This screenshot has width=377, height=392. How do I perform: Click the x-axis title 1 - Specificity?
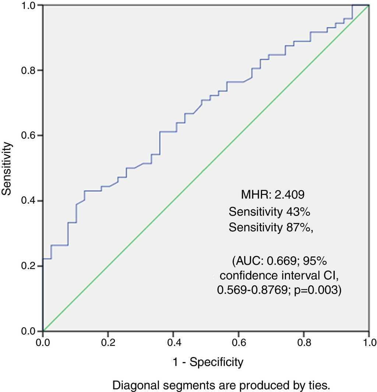coord(208,362)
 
